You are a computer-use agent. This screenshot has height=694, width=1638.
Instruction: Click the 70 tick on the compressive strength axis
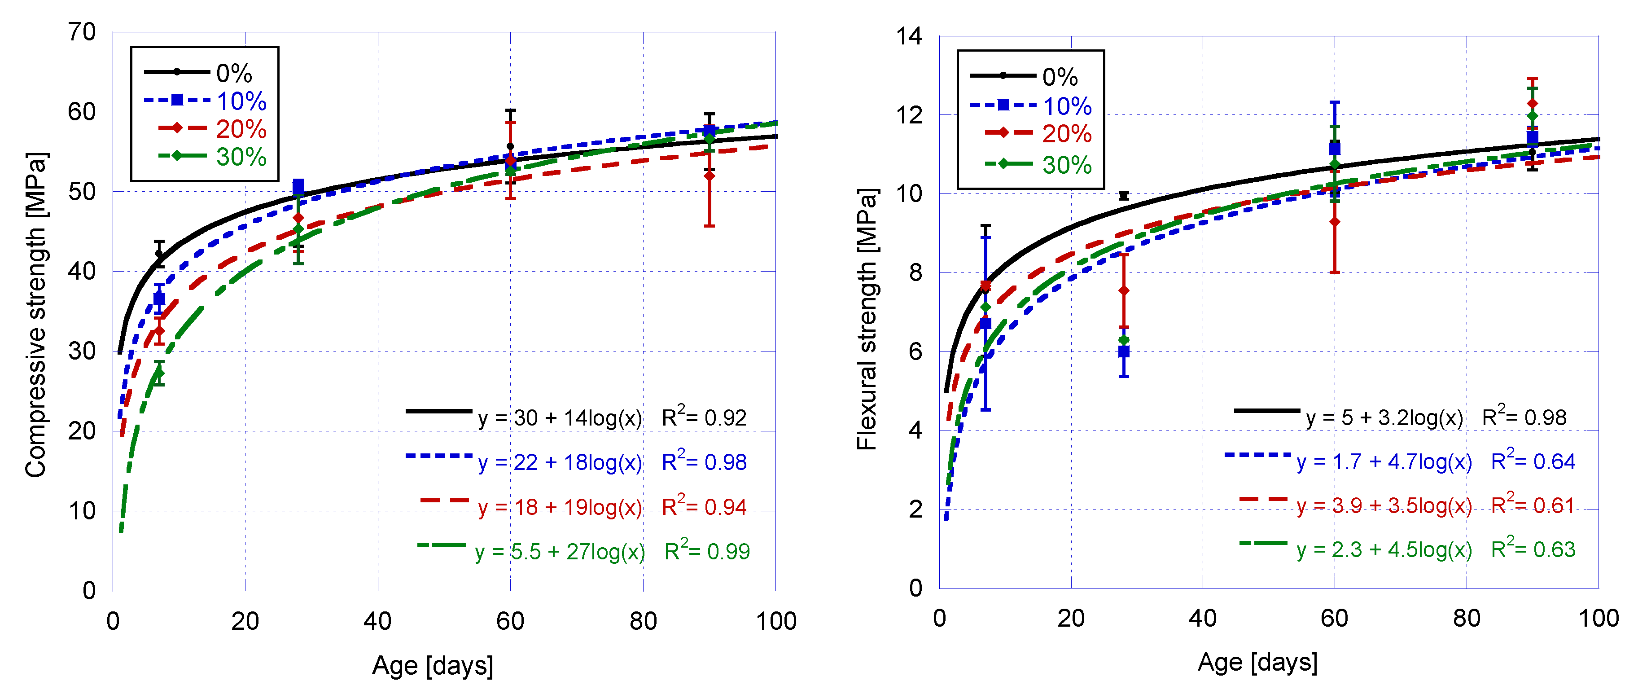pyautogui.click(x=82, y=32)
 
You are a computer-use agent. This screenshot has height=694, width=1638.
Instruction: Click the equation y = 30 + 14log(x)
pyautogui.click(x=560, y=418)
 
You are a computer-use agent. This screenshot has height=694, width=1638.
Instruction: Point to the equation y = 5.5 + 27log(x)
pyautogui.click(x=560, y=552)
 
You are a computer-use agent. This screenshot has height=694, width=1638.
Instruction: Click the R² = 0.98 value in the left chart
pyautogui.click(x=704, y=462)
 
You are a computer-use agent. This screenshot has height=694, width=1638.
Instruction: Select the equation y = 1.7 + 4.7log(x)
pyautogui.click(x=1384, y=461)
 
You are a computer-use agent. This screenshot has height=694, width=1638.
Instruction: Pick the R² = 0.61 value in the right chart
pyautogui.click(x=1533, y=505)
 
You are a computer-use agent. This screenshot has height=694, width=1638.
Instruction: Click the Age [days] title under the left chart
pyautogui.click(x=433, y=665)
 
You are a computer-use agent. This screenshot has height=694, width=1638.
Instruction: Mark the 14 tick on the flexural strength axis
pyautogui.click(x=909, y=36)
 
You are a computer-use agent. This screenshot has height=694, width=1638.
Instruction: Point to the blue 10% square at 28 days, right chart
pyautogui.click(x=1124, y=351)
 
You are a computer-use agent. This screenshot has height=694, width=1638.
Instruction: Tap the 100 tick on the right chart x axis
pyautogui.click(x=1598, y=618)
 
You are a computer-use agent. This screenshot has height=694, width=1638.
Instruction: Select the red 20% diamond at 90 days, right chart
pyautogui.click(x=1533, y=104)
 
